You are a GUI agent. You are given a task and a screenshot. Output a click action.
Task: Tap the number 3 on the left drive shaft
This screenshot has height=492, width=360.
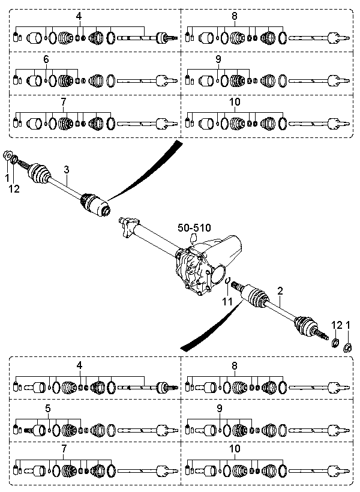(67, 169)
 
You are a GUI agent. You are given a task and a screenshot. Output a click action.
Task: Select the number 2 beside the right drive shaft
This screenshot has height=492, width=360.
(280, 290)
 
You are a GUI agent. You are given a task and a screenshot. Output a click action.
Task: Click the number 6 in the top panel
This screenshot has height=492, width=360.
(46, 59)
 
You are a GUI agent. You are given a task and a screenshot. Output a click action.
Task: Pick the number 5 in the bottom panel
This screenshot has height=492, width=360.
(47, 408)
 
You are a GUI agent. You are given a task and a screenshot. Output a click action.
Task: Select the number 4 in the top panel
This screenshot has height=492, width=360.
(79, 16)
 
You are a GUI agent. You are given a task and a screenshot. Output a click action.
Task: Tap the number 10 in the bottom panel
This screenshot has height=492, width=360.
(235, 448)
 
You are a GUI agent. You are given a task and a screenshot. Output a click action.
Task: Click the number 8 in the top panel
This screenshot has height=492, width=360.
(235, 16)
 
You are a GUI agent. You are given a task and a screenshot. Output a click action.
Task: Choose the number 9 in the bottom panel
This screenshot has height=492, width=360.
(220, 408)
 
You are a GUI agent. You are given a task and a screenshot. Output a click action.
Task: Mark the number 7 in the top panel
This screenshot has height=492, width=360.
(64, 102)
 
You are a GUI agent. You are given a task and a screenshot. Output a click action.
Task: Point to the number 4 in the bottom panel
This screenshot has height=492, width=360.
(79, 365)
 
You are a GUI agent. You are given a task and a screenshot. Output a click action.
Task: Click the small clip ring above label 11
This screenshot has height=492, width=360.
(229, 279)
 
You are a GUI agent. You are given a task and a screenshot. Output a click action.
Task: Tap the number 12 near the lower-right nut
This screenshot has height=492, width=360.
(337, 325)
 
